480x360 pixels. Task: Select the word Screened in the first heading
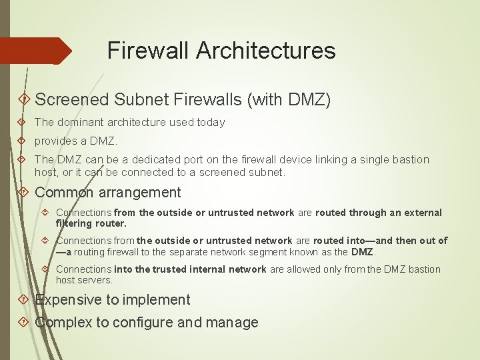71,100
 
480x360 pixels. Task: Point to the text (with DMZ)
289,100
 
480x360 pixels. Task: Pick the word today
211,123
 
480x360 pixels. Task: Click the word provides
55,141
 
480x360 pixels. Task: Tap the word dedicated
153,160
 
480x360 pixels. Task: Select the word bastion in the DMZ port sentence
411,160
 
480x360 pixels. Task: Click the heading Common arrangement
108,193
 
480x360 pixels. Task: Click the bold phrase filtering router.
91,223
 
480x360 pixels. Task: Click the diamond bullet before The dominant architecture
23,123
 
